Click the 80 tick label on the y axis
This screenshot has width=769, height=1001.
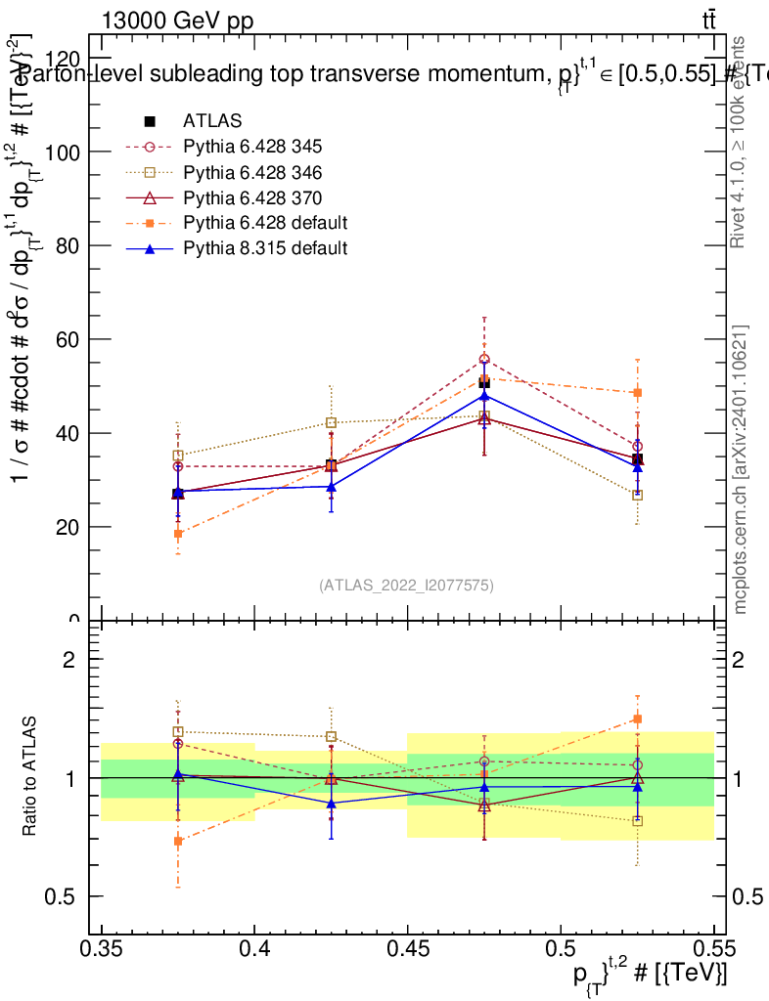click(68, 246)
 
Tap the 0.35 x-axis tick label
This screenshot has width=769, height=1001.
click(102, 947)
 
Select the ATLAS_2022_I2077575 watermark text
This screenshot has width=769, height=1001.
click(406, 586)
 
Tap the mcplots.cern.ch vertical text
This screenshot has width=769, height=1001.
click(741, 469)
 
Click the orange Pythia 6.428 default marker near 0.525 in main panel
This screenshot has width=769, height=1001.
click(638, 393)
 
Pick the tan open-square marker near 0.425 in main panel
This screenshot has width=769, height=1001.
click(332, 423)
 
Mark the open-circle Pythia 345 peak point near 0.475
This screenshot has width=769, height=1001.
click(484, 360)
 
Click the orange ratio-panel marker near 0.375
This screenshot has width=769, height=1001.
click(178, 841)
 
